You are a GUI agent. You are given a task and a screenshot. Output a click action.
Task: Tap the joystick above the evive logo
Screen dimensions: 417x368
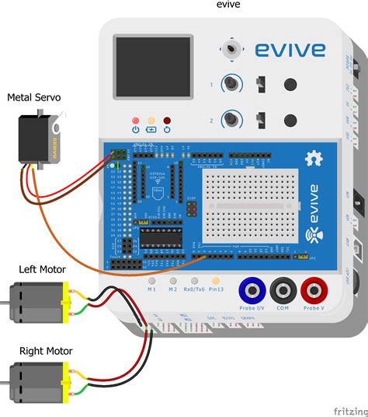230,49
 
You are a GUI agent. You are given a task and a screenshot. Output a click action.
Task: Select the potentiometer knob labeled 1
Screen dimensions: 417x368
231,84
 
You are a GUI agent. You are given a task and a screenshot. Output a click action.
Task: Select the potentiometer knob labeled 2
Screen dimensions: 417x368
231,120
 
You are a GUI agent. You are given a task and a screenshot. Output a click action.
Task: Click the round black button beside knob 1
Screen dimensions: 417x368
290,84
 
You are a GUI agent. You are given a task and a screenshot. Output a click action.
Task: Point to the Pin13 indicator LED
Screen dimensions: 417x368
216,279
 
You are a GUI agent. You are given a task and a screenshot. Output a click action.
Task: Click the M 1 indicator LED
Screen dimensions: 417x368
152,279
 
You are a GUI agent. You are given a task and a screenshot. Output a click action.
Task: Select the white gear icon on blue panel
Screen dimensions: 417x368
314,158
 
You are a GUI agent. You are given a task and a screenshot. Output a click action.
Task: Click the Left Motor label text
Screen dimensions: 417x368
43,269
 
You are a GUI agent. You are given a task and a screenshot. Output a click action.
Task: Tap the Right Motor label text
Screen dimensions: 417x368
46,351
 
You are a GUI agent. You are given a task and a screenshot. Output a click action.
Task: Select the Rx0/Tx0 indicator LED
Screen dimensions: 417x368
195,279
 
